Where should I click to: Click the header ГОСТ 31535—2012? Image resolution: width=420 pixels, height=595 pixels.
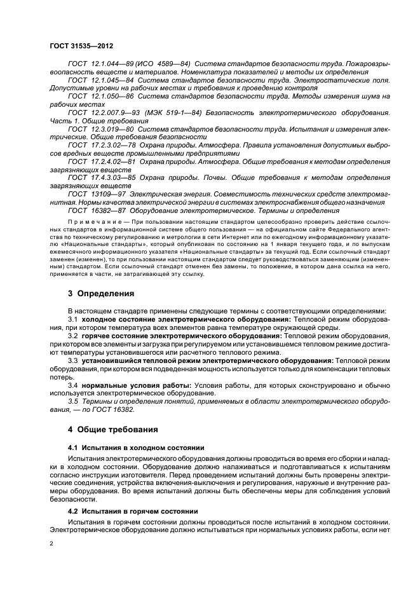82,46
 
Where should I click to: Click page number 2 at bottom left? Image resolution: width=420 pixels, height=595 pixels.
51,544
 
